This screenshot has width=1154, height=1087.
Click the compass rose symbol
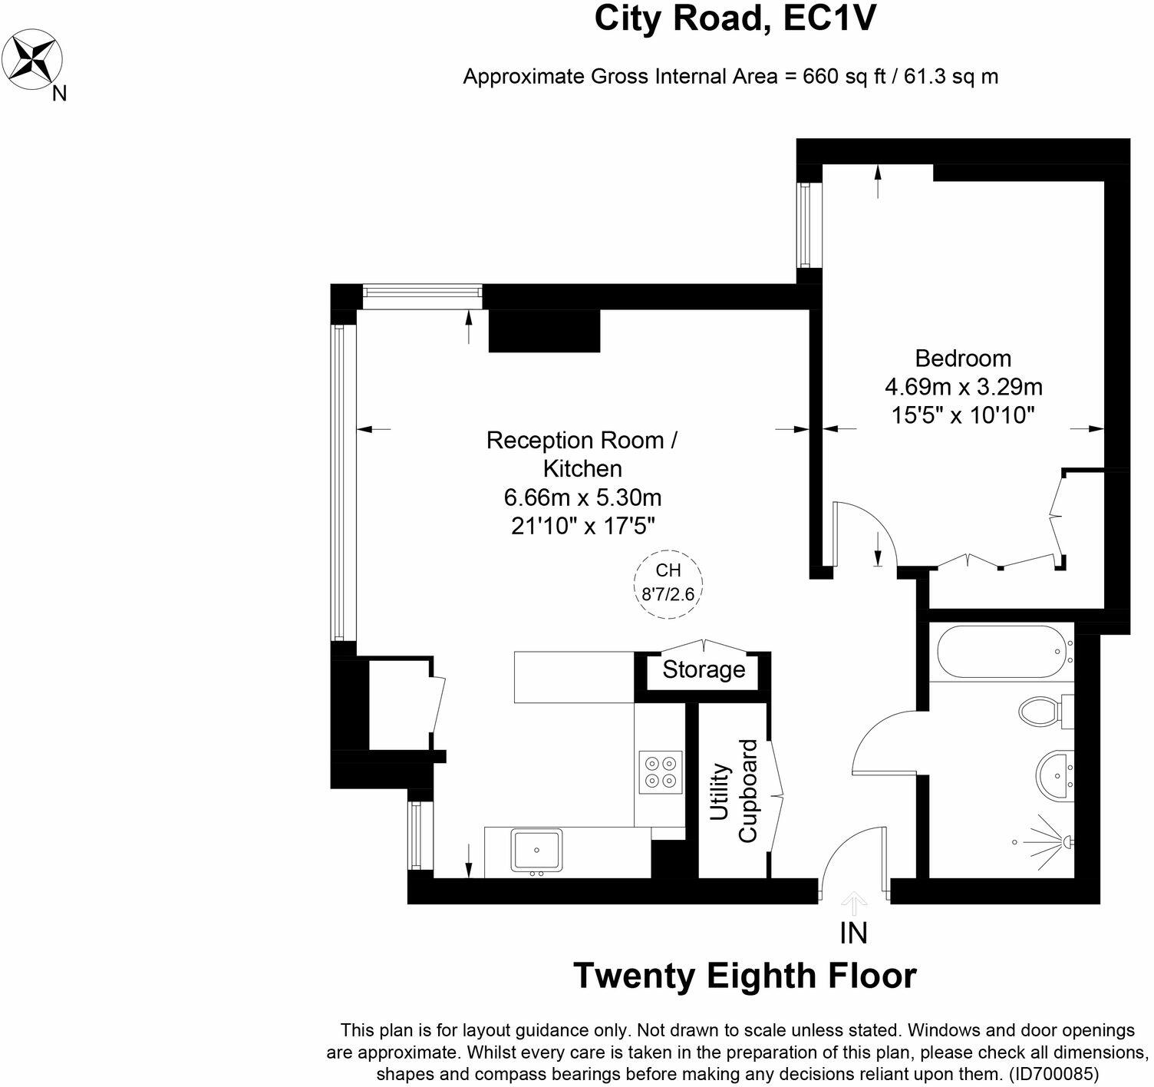click(34, 58)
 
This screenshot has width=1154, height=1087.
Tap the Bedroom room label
click(962, 358)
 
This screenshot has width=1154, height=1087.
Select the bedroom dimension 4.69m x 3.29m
click(963, 386)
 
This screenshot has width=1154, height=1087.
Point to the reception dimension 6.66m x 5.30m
click(582, 497)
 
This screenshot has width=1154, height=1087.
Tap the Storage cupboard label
click(704, 669)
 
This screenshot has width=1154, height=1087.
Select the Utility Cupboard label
click(734, 791)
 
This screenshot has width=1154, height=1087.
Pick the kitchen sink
click(536, 851)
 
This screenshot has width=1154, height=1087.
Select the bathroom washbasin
click(1056, 772)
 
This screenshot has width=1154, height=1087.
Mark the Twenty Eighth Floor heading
click(745, 976)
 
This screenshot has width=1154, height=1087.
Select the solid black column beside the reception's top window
click(544, 331)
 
